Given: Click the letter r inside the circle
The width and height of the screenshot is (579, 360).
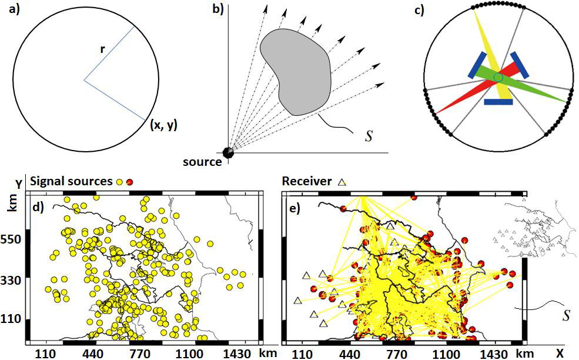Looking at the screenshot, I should pyautogui.click(x=102, y=49).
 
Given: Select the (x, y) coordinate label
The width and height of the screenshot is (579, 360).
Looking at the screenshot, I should pyautogui.click(x=164, y=124).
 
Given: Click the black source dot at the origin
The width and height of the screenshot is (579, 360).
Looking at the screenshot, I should pyautogui.click(x=228, y=152).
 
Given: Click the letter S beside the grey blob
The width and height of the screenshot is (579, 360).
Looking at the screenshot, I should pyautogui.click(x=369, y=136).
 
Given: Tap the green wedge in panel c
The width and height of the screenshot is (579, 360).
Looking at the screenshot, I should pyautogui.click(x=529, y=88).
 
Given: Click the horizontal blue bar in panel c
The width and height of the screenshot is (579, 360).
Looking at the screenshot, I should pyautogui.click(x=498, y=102).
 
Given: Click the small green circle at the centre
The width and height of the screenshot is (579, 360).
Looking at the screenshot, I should pyautogui.click(x=498, y=78).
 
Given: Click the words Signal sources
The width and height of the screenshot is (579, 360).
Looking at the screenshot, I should pyautogui.click(x=72, y=181).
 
